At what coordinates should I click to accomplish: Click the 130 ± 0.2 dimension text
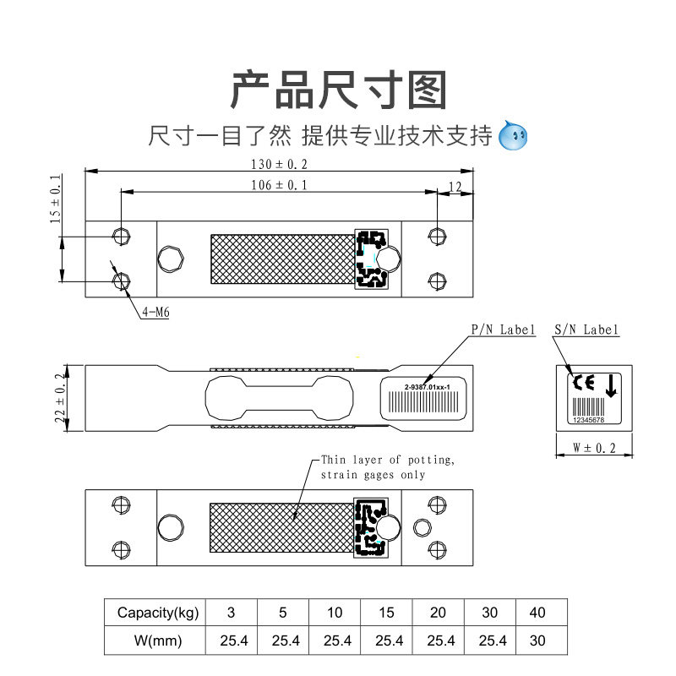(280, 164)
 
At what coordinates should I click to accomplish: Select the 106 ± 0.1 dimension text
(280, 184)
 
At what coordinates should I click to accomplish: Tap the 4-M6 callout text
(156, 312)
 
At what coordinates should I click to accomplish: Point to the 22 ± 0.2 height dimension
(60, 397)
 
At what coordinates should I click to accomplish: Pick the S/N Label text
(586, 330)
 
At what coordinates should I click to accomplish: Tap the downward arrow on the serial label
(611, 386)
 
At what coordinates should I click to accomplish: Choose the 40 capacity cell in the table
(537, 612)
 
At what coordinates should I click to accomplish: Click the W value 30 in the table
(537, 641)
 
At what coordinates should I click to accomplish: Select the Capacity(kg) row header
(158, 612)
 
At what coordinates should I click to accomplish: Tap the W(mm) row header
(158, 641)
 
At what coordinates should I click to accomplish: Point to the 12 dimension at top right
(455, 186)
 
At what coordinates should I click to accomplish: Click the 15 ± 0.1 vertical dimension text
(56, 199)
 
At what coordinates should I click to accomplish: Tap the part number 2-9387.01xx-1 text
(427, 386)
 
